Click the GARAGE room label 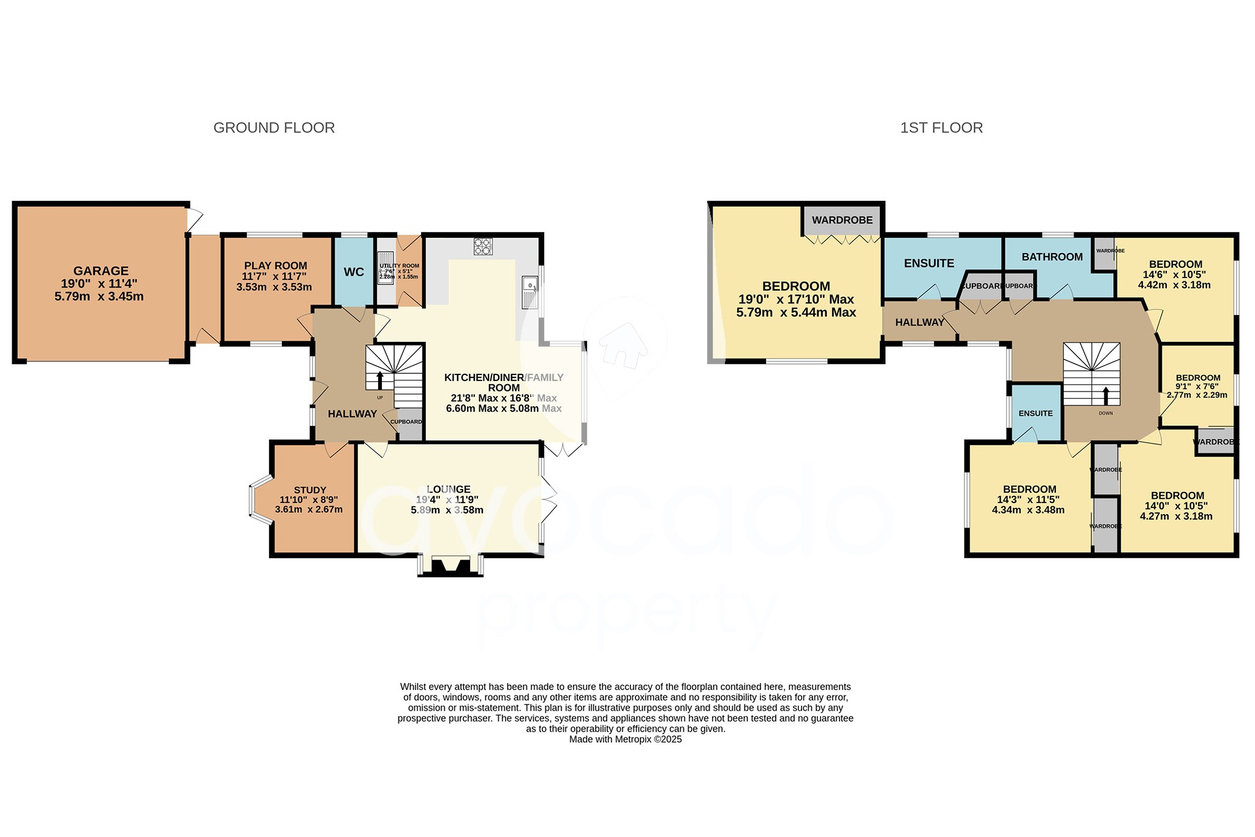pyautogui.click(x=101, y=270)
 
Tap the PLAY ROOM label pyautogui.click(x=275, y=265)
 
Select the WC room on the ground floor pyautogui.click(x=354, y=272)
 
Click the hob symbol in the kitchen pyautogui.click(x=483, y=246)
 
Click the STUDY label pyautogui.click(x=309, y=490)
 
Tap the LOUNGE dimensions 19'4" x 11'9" pyautogui.click(x=447, y=499)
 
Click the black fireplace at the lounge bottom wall pyautogui.click(x=450, y=566)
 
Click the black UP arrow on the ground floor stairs pyautogui.click(x=379, y=380)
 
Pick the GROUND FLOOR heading pyautogui.click(x=274, y=127)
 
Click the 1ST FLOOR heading pyautogui.click(x=941, y=127)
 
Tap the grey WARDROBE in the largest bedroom pyautogui.click(x=842, y=220)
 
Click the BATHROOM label pyautogui.click(x=1052, y=257)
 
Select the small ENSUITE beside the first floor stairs pyautogui.click(x=1036, y=413)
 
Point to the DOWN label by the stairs pyautogui.click(x=1105, y=413)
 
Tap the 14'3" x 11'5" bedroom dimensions pyautogui.click(x=1029, y=499)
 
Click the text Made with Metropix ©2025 pyautogui.click(x=625, y=740)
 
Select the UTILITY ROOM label pyautogui.click(x=399, y=266)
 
